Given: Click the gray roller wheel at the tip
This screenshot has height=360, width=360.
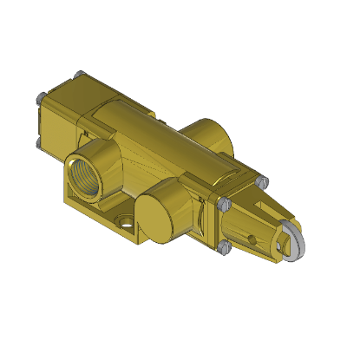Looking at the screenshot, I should (x=291, y=244).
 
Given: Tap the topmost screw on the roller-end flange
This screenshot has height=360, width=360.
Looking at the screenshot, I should (x=261, y=180).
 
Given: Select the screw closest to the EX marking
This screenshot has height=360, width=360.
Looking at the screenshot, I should (x=222, y=204).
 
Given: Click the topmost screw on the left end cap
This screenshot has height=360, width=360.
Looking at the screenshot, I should (x=78, y=75).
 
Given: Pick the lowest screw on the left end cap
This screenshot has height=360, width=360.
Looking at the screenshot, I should (x=40, y=143).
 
